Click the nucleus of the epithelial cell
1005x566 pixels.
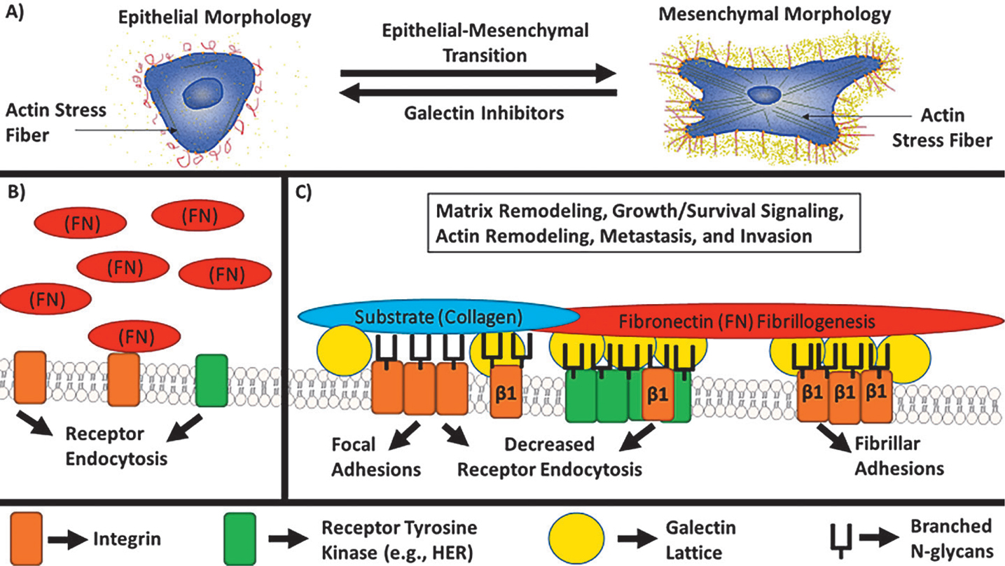tap(204, 93)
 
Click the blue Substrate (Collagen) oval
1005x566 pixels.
tap(438, 316)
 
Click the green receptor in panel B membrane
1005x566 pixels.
tap(212, 380)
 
